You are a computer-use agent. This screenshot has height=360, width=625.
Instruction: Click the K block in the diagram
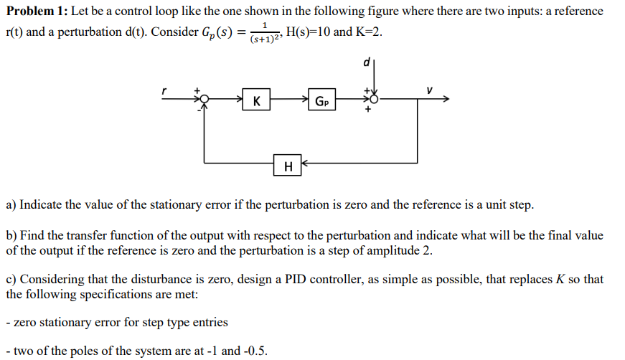pyautogui.click(x=256, y=101)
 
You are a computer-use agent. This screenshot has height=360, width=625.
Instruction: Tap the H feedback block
pyautogui.click(x=288, y=166)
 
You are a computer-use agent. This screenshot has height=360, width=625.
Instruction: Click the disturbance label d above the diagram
pyautogui.click(x=367, y=63)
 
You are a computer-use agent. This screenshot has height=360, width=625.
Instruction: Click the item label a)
pyautogui.click(x=11, y=205)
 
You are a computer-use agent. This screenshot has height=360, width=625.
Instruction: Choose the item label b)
pyautogui.click(x=11, y=235)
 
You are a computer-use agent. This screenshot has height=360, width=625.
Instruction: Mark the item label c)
pyautogui.click(x=11, y=279)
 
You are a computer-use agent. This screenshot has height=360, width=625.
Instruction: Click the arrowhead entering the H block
pyautogui.click(x=304, y=166)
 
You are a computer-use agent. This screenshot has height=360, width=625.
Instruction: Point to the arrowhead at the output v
pyautogui.click(x=448, y=100)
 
